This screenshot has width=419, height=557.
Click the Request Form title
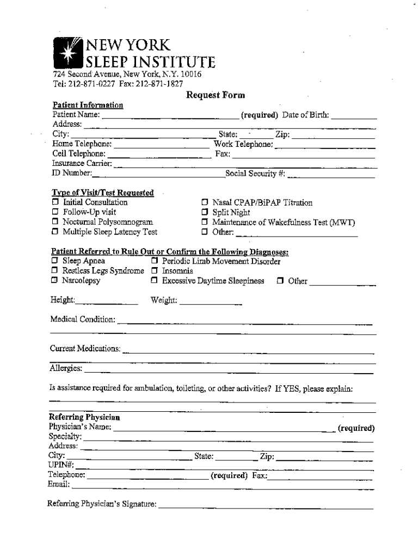pyautogui.click(x=215, y=95)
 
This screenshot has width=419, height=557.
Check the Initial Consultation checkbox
pyautogui.click(x=55, y=202)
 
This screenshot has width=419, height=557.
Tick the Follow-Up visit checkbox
pyautogui.click(x=55, y=212)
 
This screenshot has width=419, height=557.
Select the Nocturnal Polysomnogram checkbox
pyautogui.click(x=55, y=222)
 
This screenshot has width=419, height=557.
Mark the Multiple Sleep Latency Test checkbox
pyautogui.click(x=55, y=232)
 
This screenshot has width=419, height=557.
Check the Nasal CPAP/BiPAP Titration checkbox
pyautogui.click(x=205, y=203)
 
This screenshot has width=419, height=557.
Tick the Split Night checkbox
pyautogui.click(x=205, y=212)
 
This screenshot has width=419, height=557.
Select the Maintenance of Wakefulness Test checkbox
pyautogui.click(x=205, y=222)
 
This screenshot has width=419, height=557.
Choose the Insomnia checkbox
pyautogui.click(x=155, y=271)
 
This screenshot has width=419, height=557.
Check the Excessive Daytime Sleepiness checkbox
pyautogui.click(x=155, y=281)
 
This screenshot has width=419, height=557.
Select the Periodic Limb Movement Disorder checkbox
pyautogui.click(x=155, y=262)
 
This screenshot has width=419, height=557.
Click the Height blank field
pyautogui.click(x=107, y=301)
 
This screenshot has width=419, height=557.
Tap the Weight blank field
pyautogui.click(x=210, y=301)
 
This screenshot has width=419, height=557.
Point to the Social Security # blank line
pyautogui.click(x=331, y=175)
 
